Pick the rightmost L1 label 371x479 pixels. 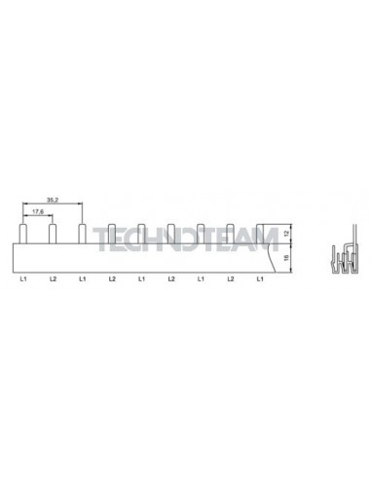click(260, 280)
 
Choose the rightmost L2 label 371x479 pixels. click(231, 280)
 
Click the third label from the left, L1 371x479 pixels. click(83, 280)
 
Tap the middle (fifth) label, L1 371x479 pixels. click(141, 280)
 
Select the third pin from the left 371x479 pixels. click(83, 231)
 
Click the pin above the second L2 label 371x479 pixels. click(112, 232)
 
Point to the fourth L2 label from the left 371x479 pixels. click(231, 280)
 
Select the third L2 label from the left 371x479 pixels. click(171, 280)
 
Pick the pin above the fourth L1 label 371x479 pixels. click(201, 232)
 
